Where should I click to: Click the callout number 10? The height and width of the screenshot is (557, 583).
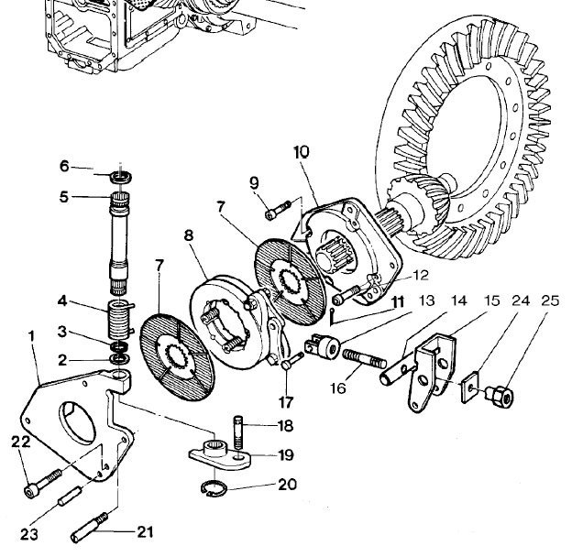tap(302, 152)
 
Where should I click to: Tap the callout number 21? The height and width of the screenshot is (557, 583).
tap(145, 532)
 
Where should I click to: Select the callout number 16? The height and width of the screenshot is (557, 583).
tap(338, 388)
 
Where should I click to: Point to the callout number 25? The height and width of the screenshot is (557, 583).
tap(550, 300)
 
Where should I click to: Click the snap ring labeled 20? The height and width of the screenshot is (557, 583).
tap(213, 488)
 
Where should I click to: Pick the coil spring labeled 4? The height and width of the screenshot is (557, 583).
tap(120, 319)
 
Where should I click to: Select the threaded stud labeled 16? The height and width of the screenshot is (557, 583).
tap(365, 359)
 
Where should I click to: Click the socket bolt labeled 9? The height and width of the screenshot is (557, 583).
tap(278, 210)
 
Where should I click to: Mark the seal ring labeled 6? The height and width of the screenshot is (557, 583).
tap(121, 177)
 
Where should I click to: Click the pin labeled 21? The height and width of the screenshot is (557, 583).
tap(89, 528)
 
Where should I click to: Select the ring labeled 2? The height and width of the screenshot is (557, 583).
tap(120, 359)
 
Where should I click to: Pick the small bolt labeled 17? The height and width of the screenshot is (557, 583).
tap(292, 361)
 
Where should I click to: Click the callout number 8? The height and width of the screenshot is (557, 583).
tap(189, 235)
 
